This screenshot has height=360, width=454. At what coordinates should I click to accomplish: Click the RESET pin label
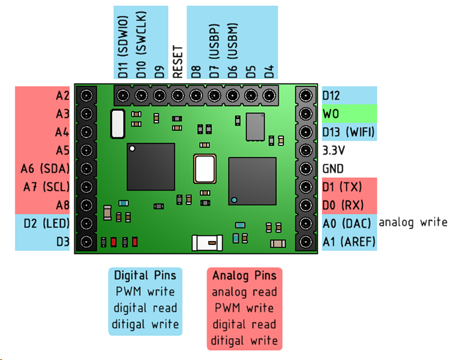click(177, 62)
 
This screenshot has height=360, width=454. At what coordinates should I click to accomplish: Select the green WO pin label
click(331, 114)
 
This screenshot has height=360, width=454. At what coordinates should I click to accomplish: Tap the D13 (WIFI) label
click(348, 132)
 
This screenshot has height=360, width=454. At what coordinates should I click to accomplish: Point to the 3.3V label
click(335, 151)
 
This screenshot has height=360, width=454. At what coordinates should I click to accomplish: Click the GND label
click(334, 169)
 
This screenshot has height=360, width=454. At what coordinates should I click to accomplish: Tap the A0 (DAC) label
click(347, 223)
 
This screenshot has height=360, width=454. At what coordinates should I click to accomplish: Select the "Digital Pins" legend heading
click(144, 275)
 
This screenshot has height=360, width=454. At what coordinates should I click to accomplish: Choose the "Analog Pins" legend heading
click(244, 275)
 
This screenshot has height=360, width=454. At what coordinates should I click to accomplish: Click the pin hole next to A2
click(86, 96)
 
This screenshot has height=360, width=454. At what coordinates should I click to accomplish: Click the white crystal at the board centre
click(204, 167)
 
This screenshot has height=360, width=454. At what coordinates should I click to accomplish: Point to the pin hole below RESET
click(177, 96)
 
